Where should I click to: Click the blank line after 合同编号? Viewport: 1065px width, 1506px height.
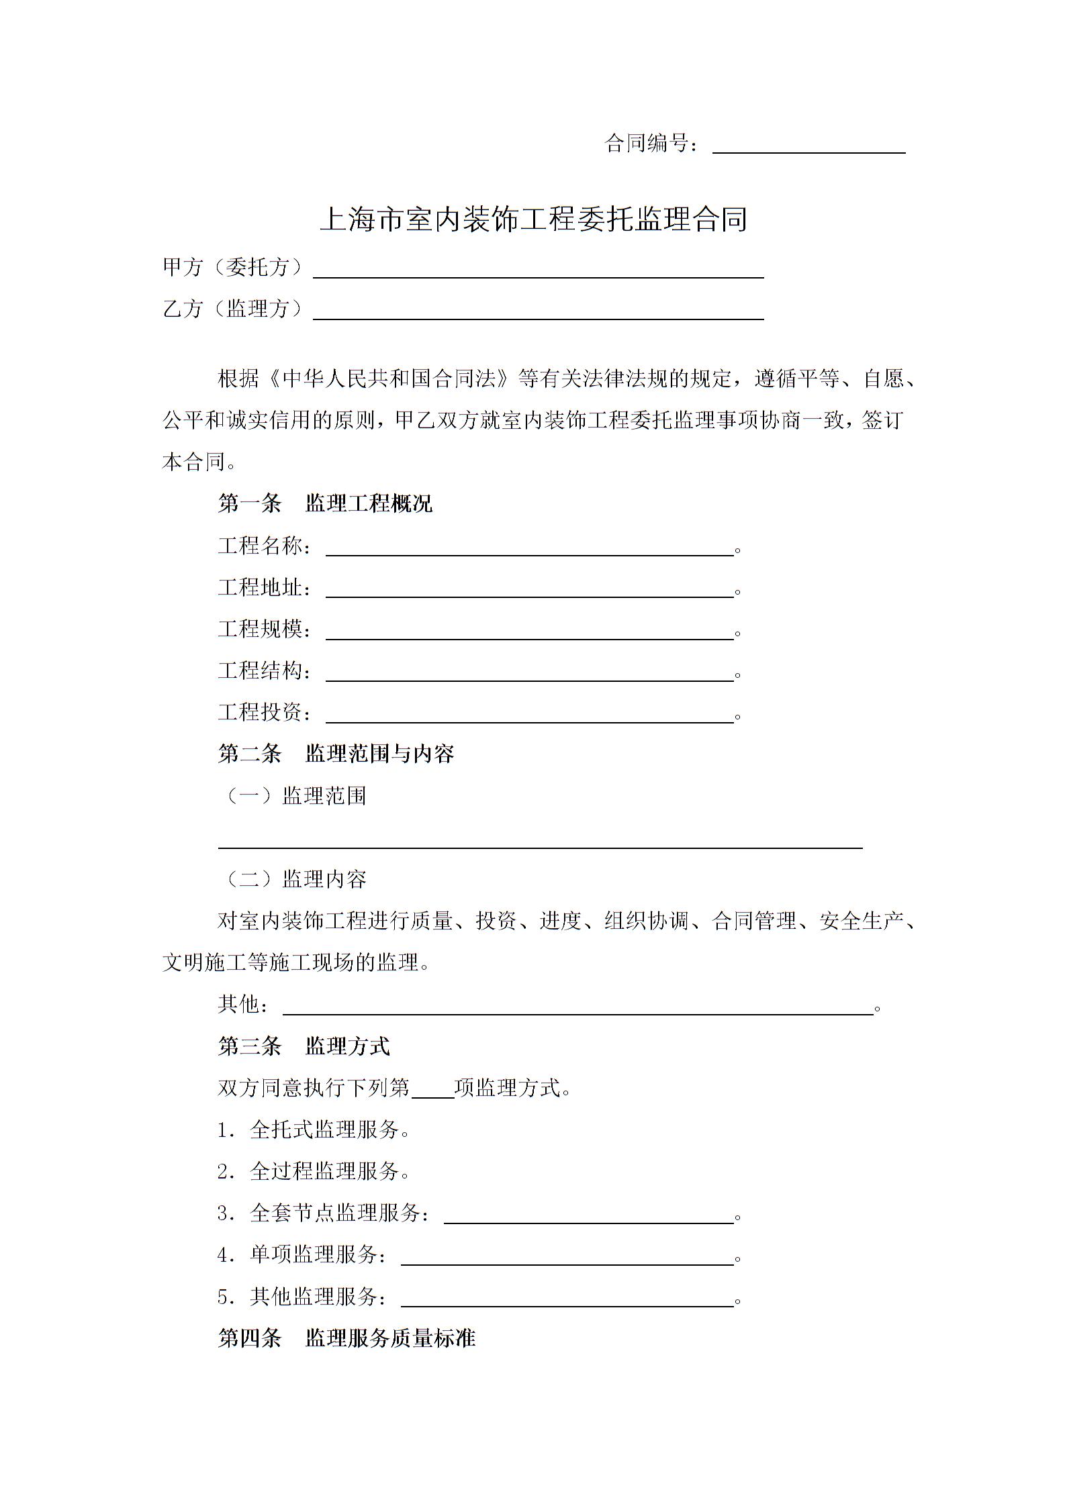[x=808, y=146]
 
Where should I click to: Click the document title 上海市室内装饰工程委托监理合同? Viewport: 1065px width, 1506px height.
[x=534, y=219]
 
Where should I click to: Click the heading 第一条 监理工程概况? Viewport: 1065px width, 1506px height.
[x=325, y=503]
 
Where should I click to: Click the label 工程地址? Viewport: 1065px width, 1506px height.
[x=265, y=588]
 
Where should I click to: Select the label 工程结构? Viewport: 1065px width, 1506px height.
[x=265, y=670]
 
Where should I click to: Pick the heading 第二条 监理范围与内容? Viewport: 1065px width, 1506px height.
[x=336, y=754]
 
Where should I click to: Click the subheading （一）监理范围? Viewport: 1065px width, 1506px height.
[x=293, y=796]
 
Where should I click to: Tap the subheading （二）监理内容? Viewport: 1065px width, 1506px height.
[x=293, y=879]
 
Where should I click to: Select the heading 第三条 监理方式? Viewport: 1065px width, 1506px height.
[x=304, y=1046]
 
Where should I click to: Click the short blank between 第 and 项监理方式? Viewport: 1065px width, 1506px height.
[x=432, y=1090]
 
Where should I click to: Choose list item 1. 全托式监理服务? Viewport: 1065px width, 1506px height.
[x=313, y=1130]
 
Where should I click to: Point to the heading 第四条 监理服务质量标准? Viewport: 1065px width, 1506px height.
[x=346, y=1339]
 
